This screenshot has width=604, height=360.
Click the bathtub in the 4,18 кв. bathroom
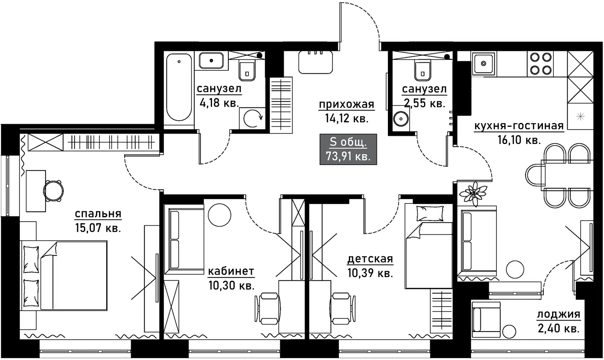pyautogui.click(x=179, y=88)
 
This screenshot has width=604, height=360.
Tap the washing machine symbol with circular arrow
pyautogui.click(x=252, y=118)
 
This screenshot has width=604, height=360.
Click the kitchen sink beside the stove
pyautogui.click(x=483, y=63)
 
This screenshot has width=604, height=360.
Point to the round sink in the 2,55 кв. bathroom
pyautogui.click(x=400, y=118)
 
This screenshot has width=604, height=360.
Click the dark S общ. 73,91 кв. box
pyautogui.click(x=348, y=149)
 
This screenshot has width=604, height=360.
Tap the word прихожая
pyautogui.click(x=347, y=105)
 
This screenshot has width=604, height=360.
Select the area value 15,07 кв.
pyautogui.click(x=98, y=228)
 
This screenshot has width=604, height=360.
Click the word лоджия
pyautogui.click(x=558, y=314)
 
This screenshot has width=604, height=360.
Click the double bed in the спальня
pyautogui.click(x=65, y=276)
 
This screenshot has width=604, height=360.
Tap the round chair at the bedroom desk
pyautogui.click(x=53, y=191)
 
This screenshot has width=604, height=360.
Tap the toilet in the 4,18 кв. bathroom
pyautogui.click(x=247, y=71)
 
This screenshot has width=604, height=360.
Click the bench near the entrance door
pyautogui.click(x=316, y=63)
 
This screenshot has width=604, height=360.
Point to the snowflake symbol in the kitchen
pyautogui.click(x=580, y=116)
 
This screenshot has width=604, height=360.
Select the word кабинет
pyautogui.click(x=231, y=271)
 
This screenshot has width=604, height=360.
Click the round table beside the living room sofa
pyautogui.click(x=515, y=269)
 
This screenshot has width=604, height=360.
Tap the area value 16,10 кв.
pyautogui.click(x=519, y=140)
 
